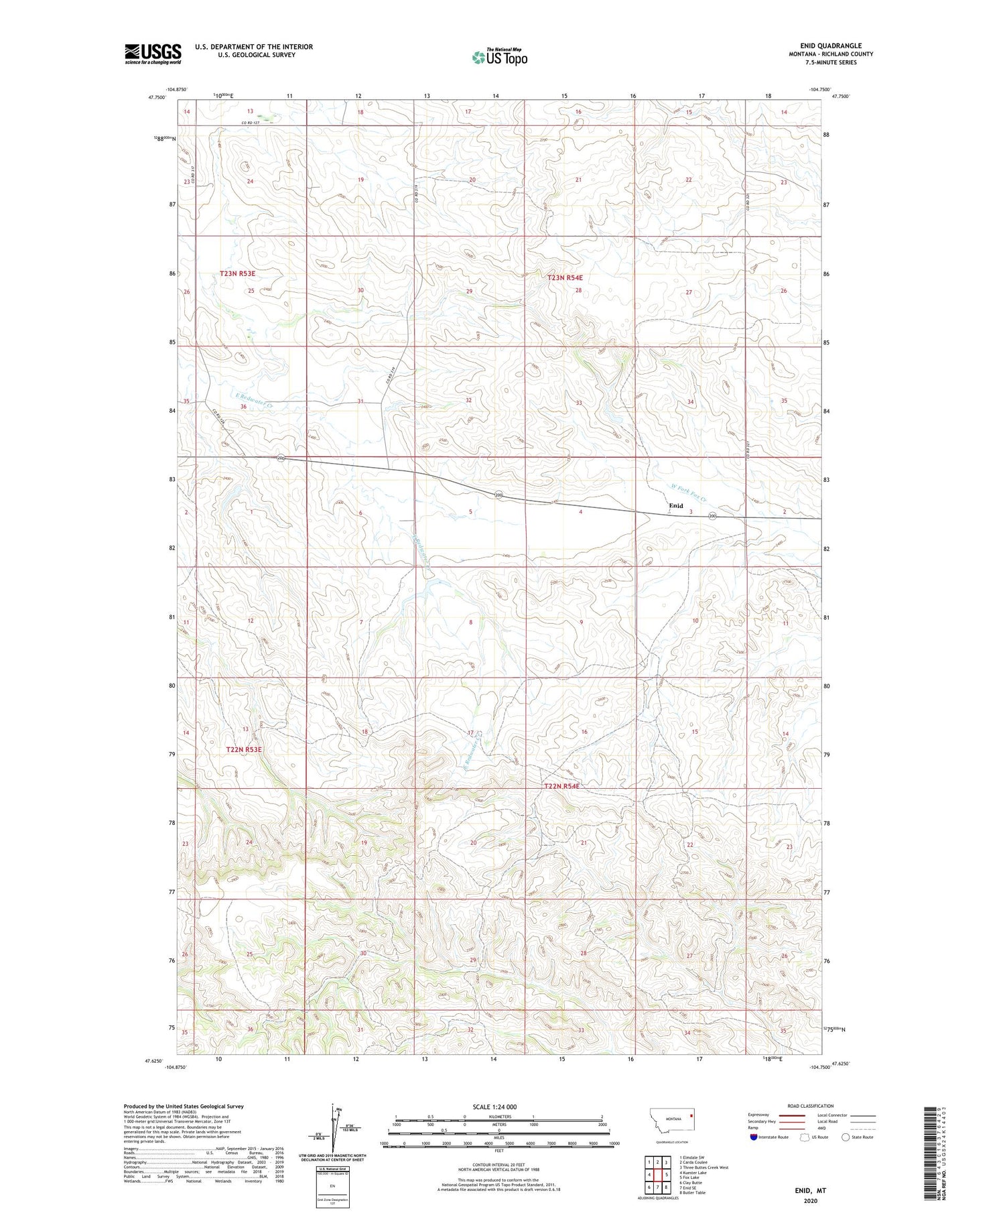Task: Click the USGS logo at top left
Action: tap(153, 54)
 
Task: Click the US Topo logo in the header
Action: tap(499, 58)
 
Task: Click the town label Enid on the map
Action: tap(675, 506)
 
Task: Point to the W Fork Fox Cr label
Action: tap(689, 494)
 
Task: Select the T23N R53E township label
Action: tap(238, 273)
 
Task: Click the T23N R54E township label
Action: tap(565, 277)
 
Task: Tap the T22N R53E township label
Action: tap(244, 750)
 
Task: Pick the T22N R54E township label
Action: tap(561, 786)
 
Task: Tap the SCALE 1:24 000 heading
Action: tap(494, 1106)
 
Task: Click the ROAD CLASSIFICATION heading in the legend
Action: tap(811, 1106)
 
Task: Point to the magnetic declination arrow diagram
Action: tap(335, 1127)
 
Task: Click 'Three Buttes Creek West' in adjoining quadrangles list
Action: tap(703, 1167)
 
